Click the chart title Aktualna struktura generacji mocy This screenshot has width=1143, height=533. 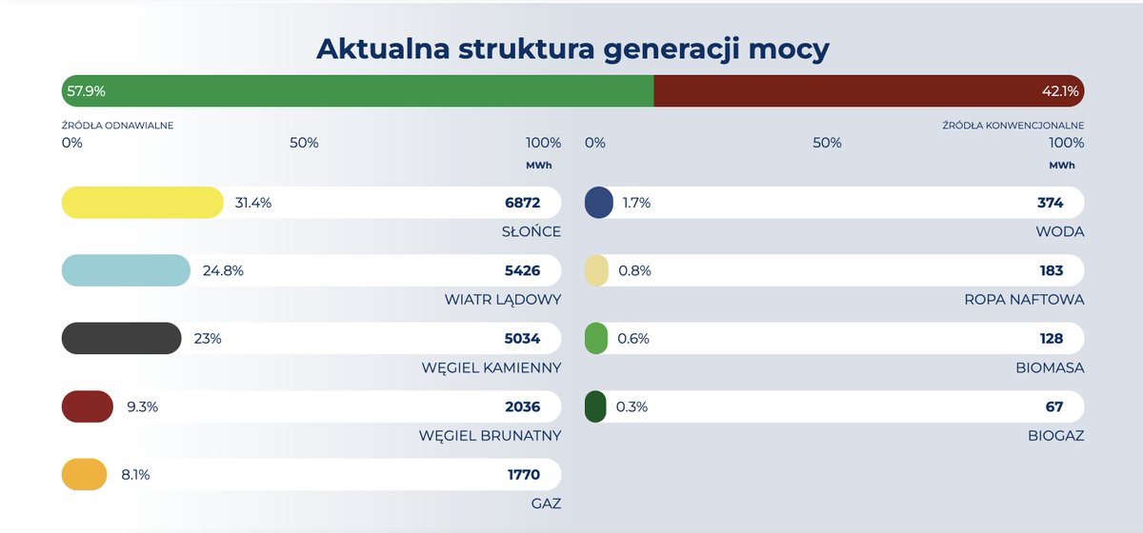point(572,49)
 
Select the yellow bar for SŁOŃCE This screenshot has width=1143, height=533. point(142,203)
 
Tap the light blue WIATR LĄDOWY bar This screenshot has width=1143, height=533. point(126,270)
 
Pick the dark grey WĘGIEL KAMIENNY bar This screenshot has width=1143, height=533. point(121,339)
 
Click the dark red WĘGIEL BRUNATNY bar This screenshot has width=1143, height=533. point(88,407)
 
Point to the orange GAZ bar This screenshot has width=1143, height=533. point(85,475)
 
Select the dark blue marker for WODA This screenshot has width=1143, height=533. point(598,203)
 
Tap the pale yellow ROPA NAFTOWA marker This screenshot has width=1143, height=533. point(595,270)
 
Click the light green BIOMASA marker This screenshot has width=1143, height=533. point(595,339)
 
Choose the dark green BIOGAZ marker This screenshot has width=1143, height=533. point(594,407)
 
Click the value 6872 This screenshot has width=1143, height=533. point(522,203)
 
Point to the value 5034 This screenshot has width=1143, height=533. point(522,339)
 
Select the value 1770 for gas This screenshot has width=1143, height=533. point(524,475)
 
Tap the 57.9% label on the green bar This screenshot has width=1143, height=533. point(86,91)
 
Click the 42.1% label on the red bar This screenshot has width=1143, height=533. point(1060,91)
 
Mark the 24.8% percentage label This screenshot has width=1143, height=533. point(223,270)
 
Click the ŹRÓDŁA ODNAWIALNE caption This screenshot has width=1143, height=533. point(118,125)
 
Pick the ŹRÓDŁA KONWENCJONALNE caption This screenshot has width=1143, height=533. point(1013,125)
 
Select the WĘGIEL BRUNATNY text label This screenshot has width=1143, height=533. point(490,436)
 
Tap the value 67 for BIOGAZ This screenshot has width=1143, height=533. point(1053,407)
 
